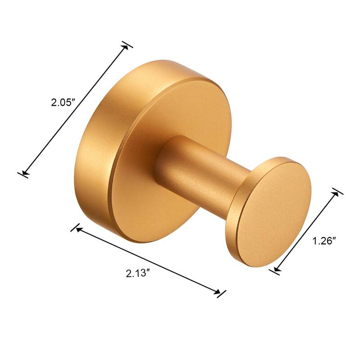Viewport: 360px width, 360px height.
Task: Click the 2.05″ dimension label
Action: click(x=62, y=103)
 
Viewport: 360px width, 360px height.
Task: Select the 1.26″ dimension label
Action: click(x=324, y=241)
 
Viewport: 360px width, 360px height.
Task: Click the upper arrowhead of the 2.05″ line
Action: click(x=126, y=46)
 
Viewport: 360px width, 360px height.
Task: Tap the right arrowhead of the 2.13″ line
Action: click(x=218, y=292)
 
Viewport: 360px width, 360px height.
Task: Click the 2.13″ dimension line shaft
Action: click(x=148, y=261)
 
